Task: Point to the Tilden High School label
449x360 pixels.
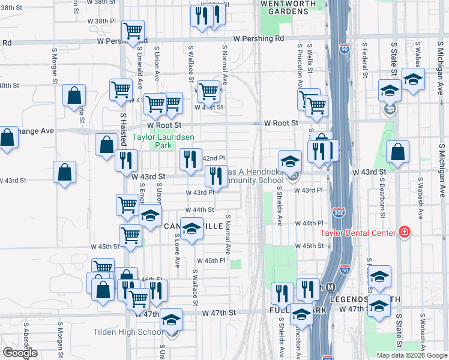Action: tap(127, 332)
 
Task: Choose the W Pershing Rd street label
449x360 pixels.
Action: tap(259, 38)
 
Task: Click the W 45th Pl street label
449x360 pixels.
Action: tap(211, 260)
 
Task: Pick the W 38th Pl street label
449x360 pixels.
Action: tap(101, 21)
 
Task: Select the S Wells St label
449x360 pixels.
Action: tap(310, 58)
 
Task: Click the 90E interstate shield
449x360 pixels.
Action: tap(339, 212)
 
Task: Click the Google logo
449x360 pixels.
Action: tap(20, 353)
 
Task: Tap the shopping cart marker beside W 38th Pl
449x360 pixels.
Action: tap(132, 30)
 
